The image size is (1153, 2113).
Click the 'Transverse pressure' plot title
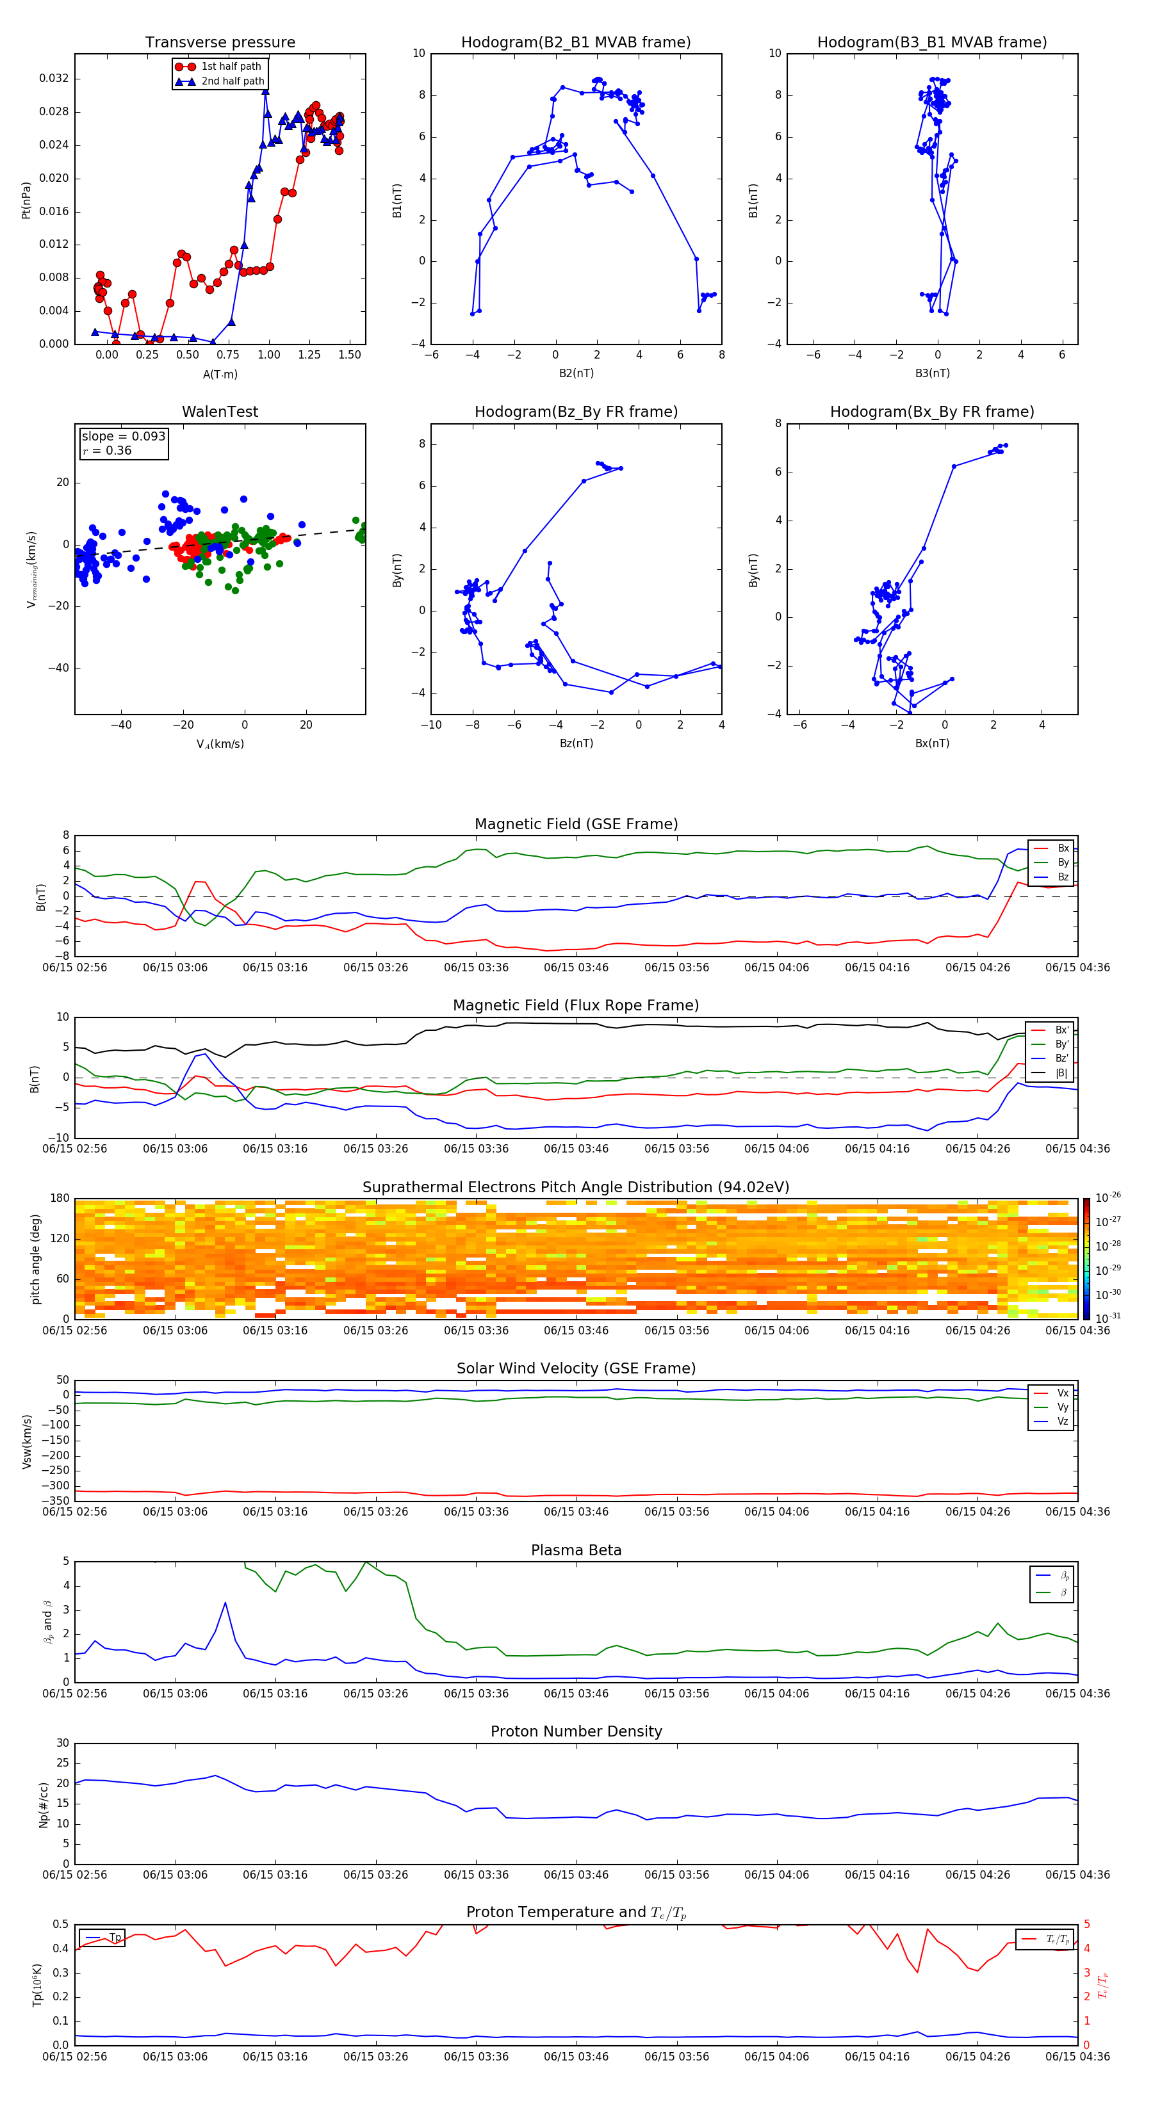pos(220,43)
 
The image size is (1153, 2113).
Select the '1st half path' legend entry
pos(231,67)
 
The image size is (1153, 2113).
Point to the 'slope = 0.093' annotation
pos(123,437)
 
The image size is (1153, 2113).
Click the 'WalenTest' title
pos(220,412)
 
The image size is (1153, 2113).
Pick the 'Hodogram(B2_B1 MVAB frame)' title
pos(575,43)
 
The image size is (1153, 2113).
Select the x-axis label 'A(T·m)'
pos(220,374)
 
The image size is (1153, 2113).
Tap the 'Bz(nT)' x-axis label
pos(576,743)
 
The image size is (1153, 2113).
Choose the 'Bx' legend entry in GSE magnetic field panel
pos(1062,848)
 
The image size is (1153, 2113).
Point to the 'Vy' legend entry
pos(1062,1407)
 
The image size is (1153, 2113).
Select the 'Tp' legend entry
pos(114,1938)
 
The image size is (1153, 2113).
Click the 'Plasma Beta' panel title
pos(576,1550)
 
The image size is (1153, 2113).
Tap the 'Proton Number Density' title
pos(576,1731)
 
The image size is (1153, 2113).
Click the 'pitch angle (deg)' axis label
pos(35,1258)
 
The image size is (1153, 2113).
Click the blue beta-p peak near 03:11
pos(225,1603)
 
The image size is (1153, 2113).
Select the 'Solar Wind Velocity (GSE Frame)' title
pos(576,1368)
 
